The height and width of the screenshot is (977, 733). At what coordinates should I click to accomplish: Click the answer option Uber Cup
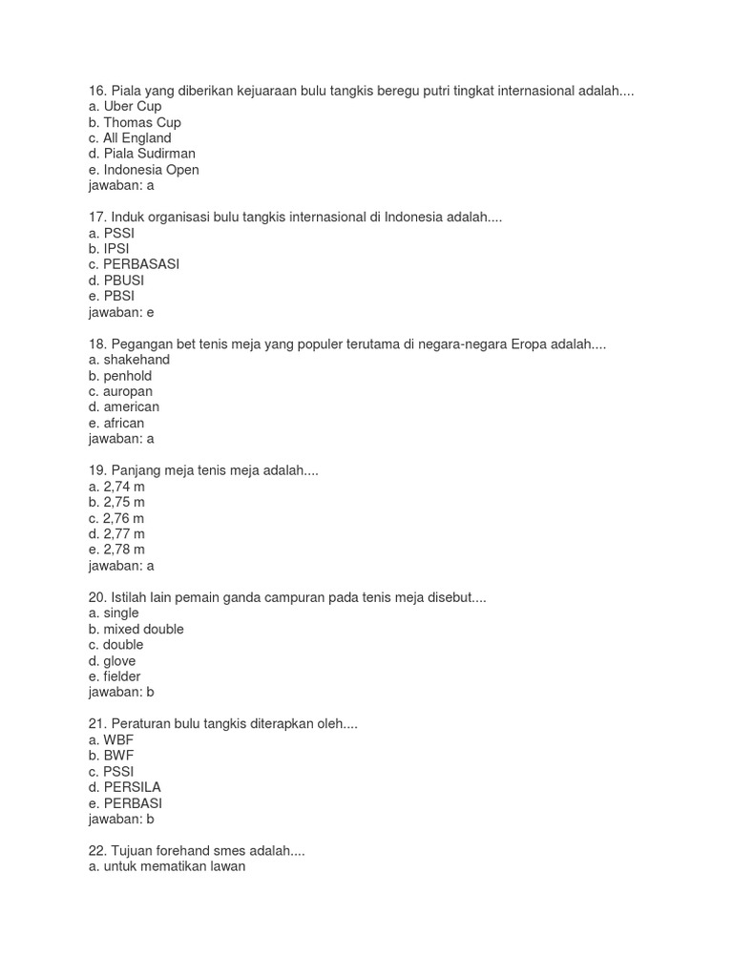pyautogui.click(x=125, y=107)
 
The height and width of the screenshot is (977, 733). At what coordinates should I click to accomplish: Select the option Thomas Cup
pyautogui.click(x=135, y=123)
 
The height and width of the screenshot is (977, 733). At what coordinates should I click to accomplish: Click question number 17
pyautogui.click(x=98, y=218)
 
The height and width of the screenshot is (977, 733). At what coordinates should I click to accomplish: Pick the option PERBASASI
pyautogui.click(x=134, y=264)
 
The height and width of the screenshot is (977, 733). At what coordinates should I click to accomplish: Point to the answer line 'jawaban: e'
pyautogui.click(x=121, y=312)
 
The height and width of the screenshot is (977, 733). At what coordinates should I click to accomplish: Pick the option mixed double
pyautogui.click(x=136, y=630)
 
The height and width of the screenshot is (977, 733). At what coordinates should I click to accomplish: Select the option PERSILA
pyautogui.click(x=124, y=787)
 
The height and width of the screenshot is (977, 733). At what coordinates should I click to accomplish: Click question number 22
pyautogui.click(x=98, y=850)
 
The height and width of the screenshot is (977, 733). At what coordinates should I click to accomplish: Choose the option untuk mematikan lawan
pyautogui.click(x=166, y=866)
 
